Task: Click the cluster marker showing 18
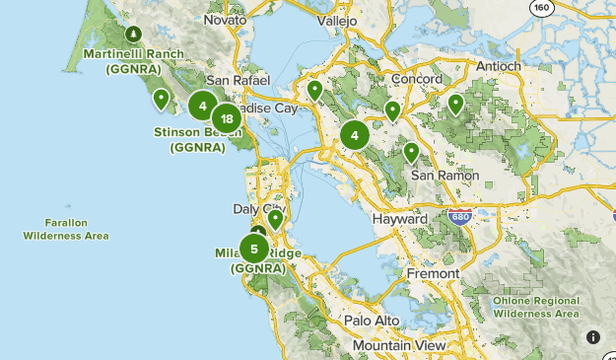pyautogui.click(x=227, y=119)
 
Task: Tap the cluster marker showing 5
pyautogui.click(x=254, y=249)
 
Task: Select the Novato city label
pyautogui.click(x=225, y=20)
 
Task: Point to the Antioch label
pyautogui.click(x=498, y=66)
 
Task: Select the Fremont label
pyautogui.click(x=432, y=273)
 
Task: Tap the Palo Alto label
pyautogui.click(x=372, y=321)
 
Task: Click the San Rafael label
pyautogui.click(x=233, y=80)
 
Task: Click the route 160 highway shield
pyautogui.click(x=540, y=8)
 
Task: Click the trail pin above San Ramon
pyautogui.click(x=411, y=152)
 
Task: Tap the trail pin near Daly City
pyautogui.click(x=275, y=218)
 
